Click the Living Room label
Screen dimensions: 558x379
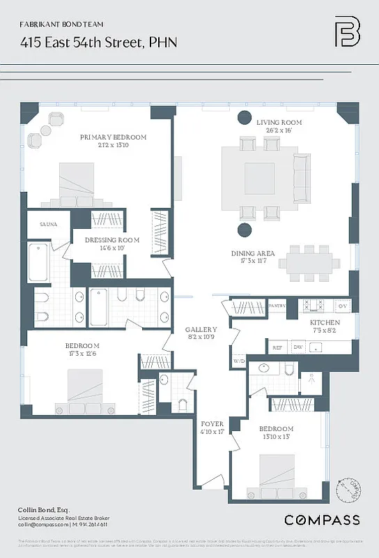272,121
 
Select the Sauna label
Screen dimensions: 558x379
39,224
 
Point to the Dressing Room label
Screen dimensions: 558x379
112,240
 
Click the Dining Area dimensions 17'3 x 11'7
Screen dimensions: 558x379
253,262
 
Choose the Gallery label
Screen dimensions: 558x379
201,329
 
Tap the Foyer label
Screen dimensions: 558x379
212,423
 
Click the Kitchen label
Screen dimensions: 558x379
325,323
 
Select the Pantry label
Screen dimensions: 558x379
277,306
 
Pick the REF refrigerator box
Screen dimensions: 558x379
277,347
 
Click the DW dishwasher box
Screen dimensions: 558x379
297,347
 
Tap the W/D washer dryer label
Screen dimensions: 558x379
239,361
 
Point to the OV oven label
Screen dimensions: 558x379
342,306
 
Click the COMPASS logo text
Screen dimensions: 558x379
322,520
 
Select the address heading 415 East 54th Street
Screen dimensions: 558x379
98,43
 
